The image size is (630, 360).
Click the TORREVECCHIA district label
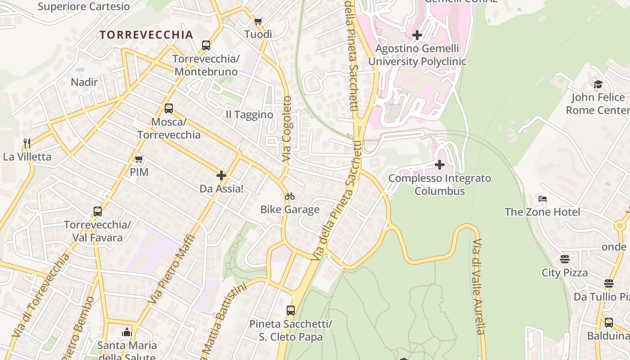(146, 35)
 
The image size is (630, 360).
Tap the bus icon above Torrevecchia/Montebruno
(206, 45)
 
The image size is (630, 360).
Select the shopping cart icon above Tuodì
(258, 21)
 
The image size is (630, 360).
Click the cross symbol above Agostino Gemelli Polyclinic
(417, 35)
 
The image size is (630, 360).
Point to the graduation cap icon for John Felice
(598, 84)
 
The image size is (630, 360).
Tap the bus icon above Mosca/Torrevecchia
(169, 108)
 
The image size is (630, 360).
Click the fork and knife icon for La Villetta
(27, 144)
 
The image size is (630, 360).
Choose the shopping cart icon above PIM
(139, 158)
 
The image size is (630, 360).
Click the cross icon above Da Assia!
(221, 175)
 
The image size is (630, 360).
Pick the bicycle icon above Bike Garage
(290, 196)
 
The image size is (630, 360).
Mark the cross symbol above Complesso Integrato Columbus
(440, 165)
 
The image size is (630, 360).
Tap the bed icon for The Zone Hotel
(542, 198)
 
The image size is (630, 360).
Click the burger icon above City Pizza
(564, 259)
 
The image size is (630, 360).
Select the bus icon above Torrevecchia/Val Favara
(97, 211)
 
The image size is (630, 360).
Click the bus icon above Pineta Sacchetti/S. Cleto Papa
(291, 310)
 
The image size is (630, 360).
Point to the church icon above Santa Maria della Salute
(127, 332)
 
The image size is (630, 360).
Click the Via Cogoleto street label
(287, 129)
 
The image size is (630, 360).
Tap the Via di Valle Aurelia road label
(478, 287)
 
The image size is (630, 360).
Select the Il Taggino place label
(249, 115)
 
